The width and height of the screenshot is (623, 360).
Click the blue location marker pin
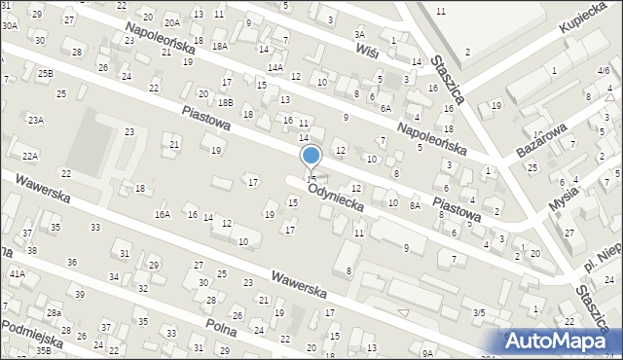311,156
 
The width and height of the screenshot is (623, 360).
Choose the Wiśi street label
367,50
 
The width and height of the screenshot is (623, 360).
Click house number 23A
36,120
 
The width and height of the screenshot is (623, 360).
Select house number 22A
30,156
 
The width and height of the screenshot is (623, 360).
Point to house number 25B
45,73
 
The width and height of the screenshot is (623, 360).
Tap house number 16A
163,214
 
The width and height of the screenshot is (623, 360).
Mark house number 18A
220,46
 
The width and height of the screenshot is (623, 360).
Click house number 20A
172,22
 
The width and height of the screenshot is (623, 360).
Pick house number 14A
275,67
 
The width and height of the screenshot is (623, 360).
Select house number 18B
226,102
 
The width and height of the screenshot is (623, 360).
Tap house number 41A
17,274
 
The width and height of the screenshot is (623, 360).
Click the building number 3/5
478,312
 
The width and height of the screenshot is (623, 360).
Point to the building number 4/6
605,72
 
